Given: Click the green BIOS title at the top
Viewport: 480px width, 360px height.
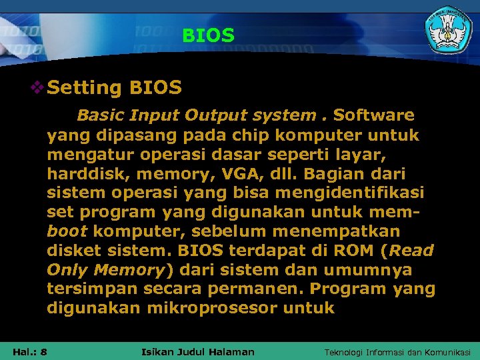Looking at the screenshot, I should pyautogui.click(x=208, y=35).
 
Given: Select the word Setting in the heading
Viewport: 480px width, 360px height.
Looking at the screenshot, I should pyautogui.click(x=85, y=88).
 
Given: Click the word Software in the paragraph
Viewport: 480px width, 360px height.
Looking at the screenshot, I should pyautogui.click(x=373, y=115).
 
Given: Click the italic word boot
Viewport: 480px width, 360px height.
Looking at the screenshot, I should pyautogui.click(x=67, y=231).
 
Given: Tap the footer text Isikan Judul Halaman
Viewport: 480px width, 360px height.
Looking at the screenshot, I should pyautogui.click(x=199, y=351).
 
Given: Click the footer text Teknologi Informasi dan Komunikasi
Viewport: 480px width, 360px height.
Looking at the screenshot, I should pyautogui.click(x=397, y=351).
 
